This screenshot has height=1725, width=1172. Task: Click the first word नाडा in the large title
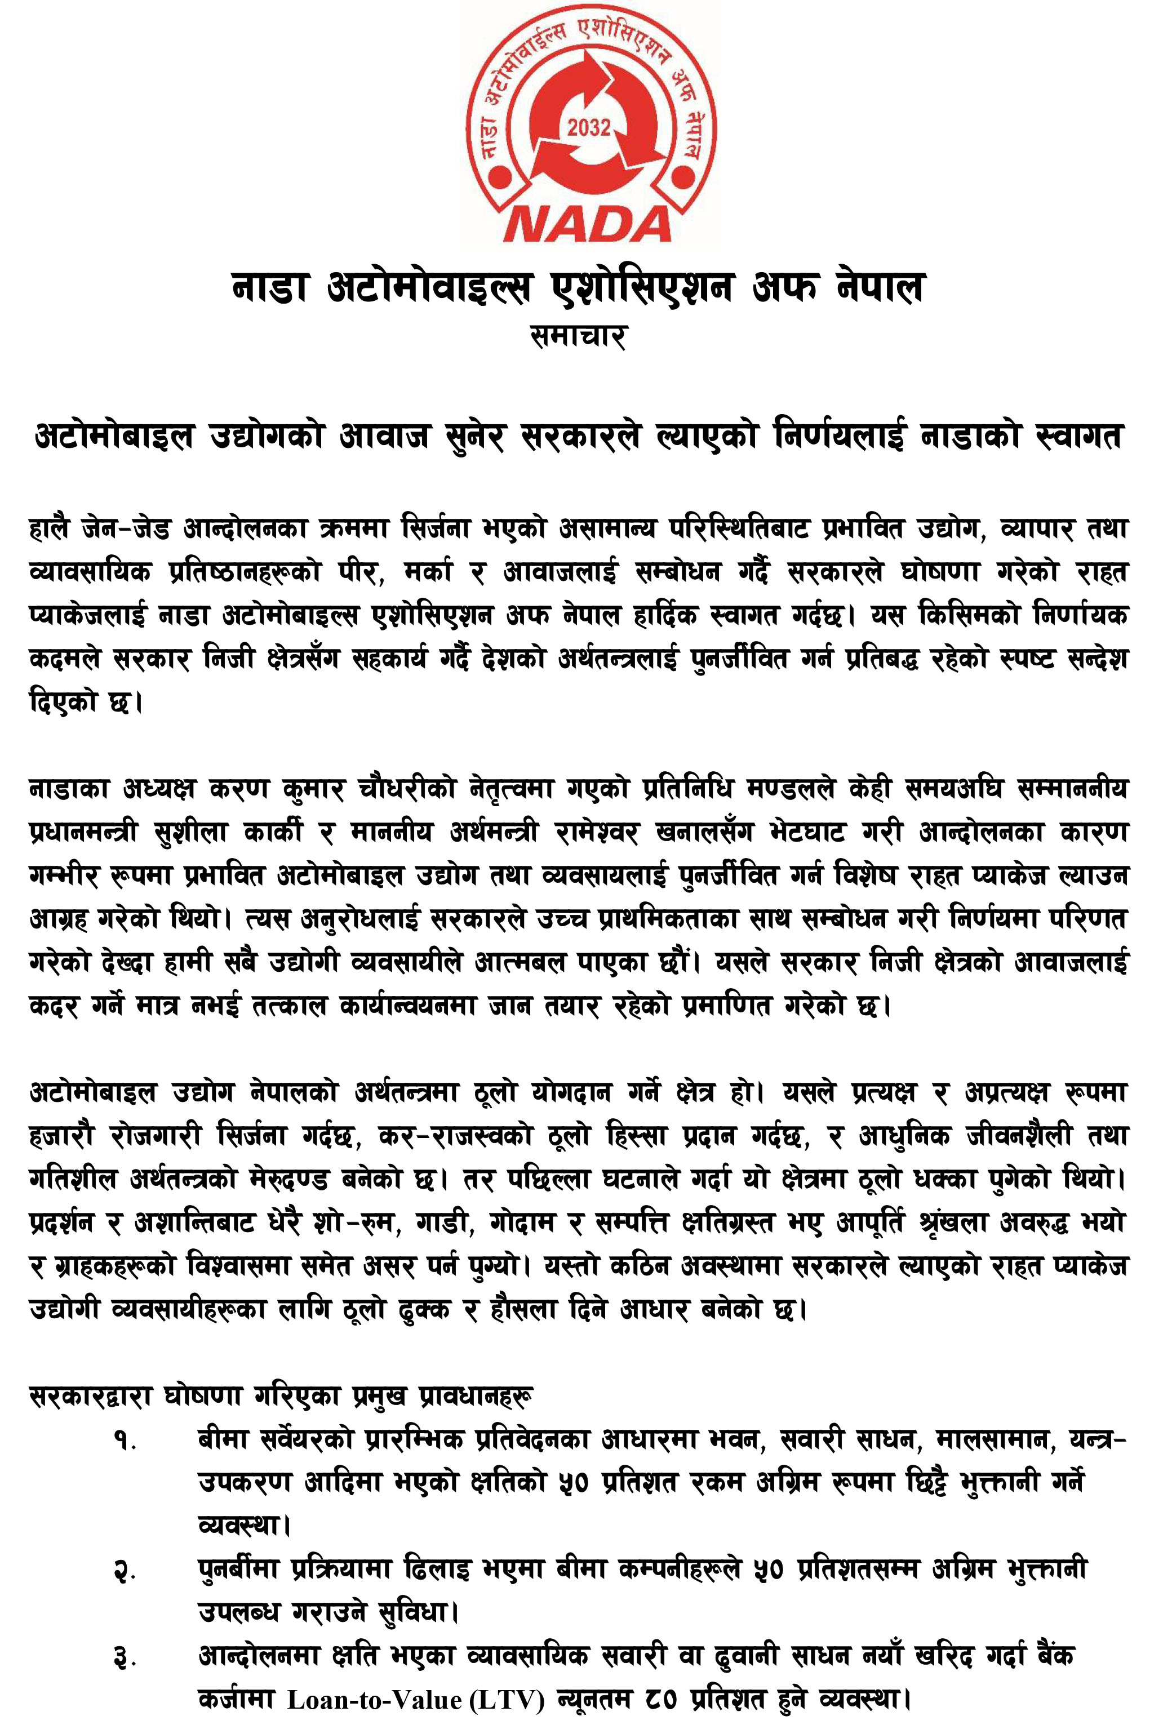pyautogui.click(x=269, y=288)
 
